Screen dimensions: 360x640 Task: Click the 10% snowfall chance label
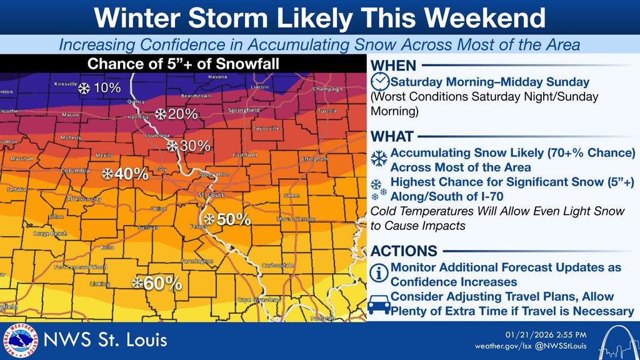pyautogui.click(x=106, y=88)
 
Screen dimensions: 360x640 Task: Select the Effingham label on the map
pyautogui.click(x=314, y=159)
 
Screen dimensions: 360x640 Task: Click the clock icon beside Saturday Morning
pyautogui.click(x=379, y=82)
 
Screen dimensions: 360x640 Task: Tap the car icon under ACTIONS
pyautogui.click(x=379, y=304)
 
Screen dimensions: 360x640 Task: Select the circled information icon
pyautogui.click(x=379, y=273)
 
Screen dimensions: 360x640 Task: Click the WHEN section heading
pyautogui.click(x=393, y=66)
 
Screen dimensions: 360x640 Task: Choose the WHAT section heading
pyautogui.click(x=392, y=136)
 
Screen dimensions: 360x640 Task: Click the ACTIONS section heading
pyautogui.click(x=404, y=251)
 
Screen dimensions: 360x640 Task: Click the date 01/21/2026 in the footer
pyautogui.click(x=529, y=334)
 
